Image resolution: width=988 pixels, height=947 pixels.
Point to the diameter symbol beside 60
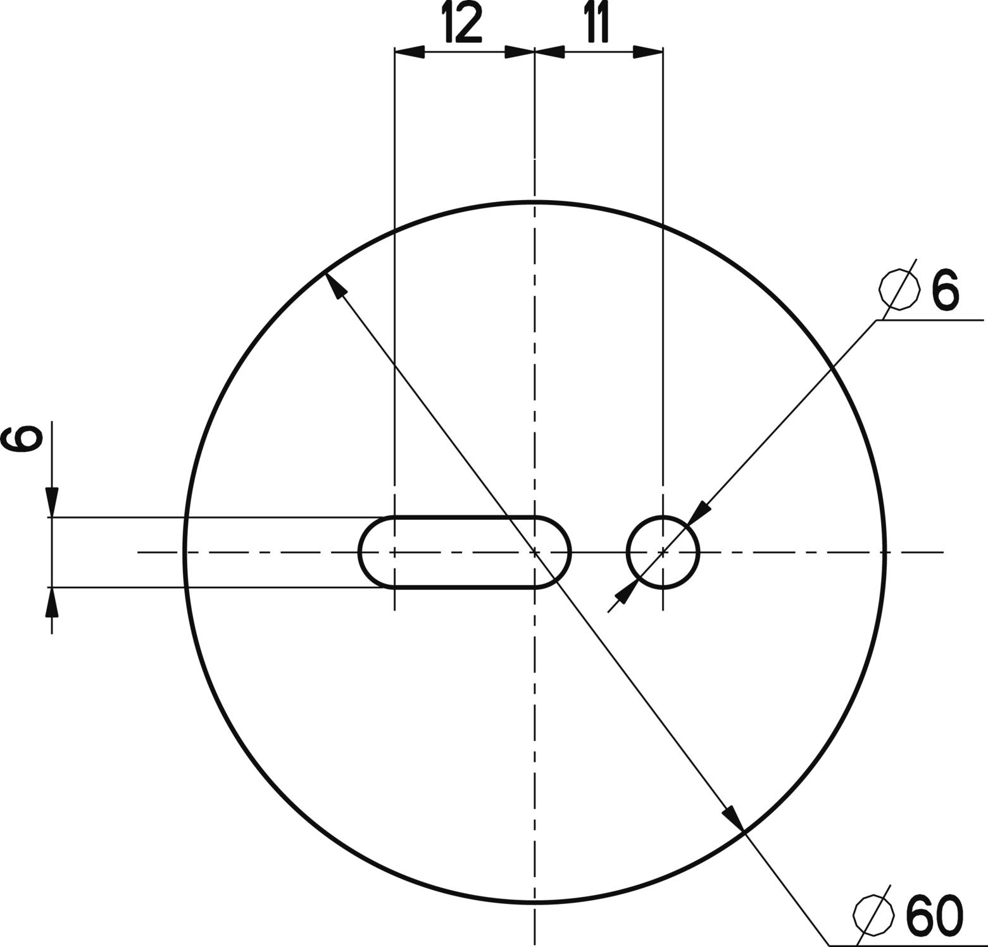[x=873, y=915]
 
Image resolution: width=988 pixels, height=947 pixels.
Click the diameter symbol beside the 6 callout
[x=899, y=290]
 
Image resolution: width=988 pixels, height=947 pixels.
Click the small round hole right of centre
[x=663, y=553]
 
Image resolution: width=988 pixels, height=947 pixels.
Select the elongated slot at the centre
[x=465, y=553]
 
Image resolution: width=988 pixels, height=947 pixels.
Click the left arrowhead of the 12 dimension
[x=409, y=52]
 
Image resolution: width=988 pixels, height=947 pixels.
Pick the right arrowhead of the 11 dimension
[x=648, y=52]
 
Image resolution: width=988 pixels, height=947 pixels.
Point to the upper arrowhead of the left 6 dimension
[x=52, y=502]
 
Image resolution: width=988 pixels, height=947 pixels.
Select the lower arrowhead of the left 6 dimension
[x=52, y=602]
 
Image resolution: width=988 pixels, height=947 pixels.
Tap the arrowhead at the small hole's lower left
[x=626, y=592]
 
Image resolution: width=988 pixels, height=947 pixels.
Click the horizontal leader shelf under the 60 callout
[x=905, y=945]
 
